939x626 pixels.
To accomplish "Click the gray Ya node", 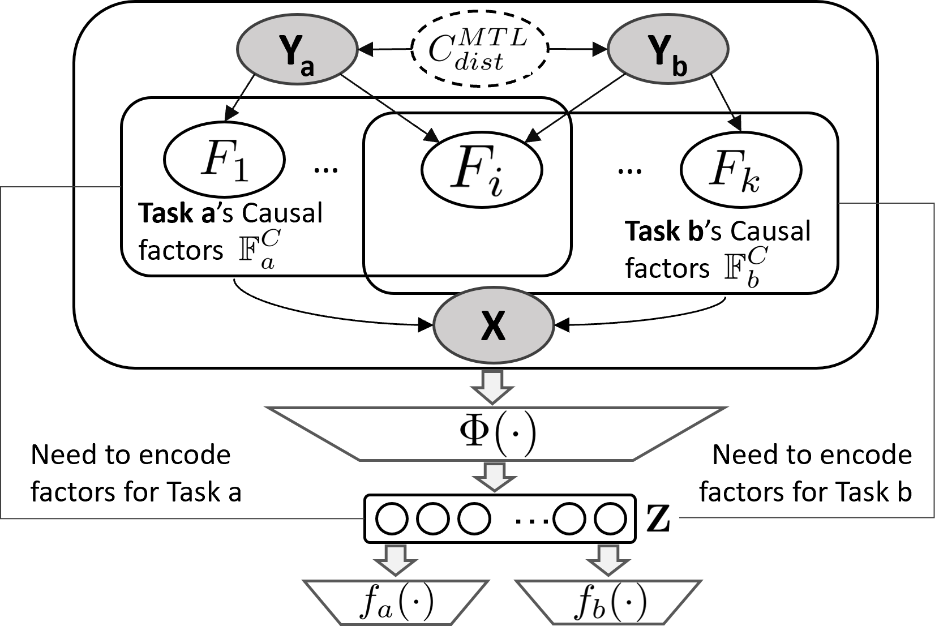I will [x=297, y=50].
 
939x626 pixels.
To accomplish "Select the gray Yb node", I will [x=668, y=50].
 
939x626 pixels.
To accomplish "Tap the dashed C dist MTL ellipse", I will [x=479, y=50].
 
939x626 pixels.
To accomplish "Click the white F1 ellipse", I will [x=224, y=161].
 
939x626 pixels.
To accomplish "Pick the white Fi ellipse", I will [x=482, y=169].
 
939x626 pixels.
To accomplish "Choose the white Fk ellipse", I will [x=741, y=169].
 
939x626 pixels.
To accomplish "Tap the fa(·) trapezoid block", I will [x=396, y=602].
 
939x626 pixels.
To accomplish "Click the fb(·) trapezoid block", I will [x=608, y=602].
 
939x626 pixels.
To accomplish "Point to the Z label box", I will [x=659, y=518].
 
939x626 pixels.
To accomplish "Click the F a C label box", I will [x=259, y=248].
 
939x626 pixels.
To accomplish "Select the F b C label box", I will [x=747, y=266].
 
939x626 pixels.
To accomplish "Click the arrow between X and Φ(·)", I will [x=492, y=387].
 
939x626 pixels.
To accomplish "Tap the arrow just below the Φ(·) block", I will [x=495, y=477].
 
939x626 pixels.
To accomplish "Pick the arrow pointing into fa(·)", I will [x=395, y=560].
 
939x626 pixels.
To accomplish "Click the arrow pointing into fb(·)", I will [x=608, y=560].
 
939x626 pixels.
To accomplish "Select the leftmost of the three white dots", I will [x=392, y=518].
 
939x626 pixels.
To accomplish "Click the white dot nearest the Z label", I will [x=610, y=518].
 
